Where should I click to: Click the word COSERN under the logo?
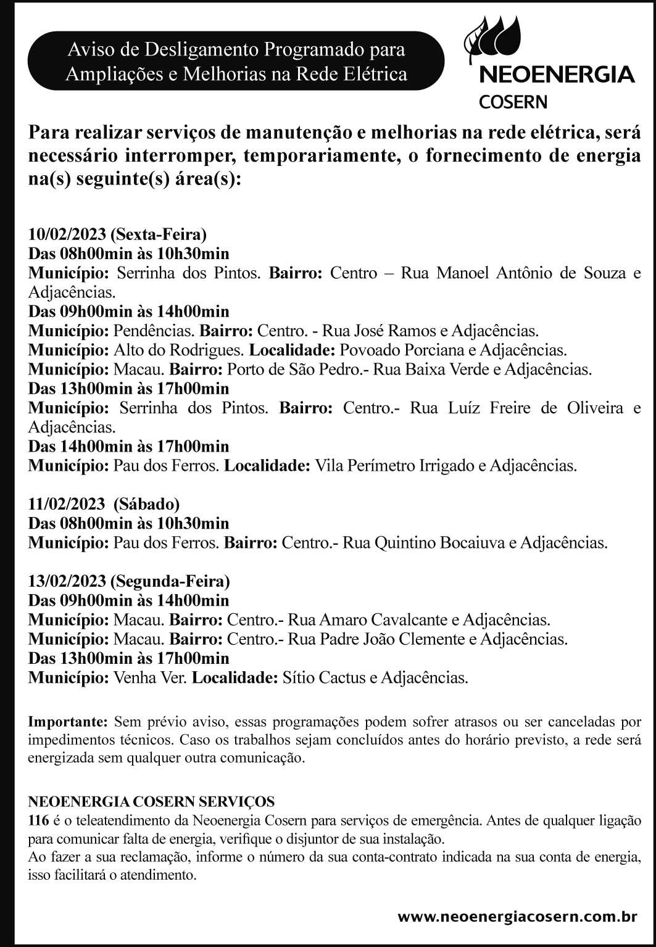click(513, 102)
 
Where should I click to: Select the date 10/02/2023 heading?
click(67, 234)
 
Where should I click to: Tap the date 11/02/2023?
click(67, 505)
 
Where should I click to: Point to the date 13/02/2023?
click(67, 581)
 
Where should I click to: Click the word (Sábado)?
click(147, 505)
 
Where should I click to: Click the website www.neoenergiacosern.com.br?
click(517, 917)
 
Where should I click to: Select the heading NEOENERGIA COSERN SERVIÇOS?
click(152, 802)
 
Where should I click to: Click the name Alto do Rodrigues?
click(178, 350)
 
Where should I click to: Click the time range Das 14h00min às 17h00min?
click(128, 446)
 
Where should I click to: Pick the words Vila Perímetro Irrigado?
click(394, 466)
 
